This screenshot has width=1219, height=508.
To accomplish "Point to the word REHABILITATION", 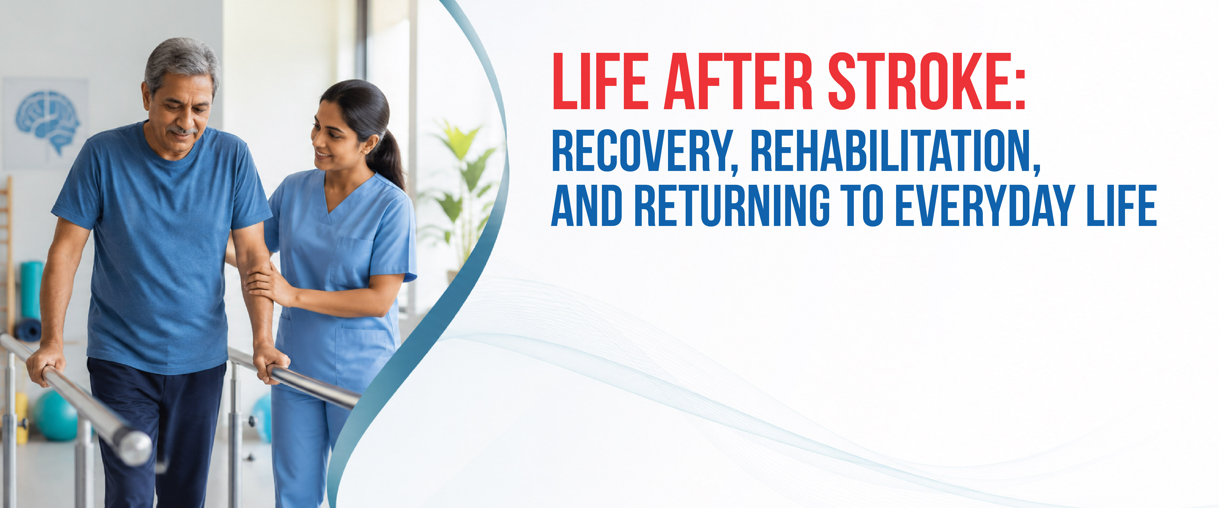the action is click(895, 151).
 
